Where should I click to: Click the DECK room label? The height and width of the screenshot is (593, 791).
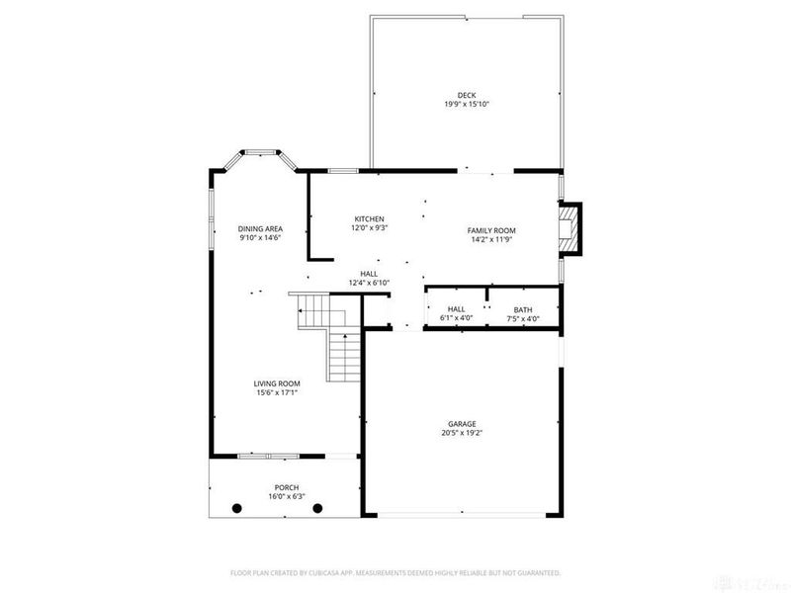pos(467,95)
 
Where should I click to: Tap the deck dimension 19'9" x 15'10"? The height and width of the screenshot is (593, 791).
pos(467,104)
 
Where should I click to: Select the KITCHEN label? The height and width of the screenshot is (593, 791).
pos(369,218)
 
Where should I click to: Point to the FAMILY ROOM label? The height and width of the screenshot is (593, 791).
pos(491,230)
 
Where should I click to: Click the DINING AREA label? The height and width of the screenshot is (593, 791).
pos(260,228)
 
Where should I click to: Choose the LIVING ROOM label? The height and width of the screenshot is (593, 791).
pos(276,383)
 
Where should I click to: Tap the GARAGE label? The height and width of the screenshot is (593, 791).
pos(462,423)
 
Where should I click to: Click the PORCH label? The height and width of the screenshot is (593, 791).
pos(286,487)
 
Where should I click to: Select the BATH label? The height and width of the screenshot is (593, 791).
pos(522,309)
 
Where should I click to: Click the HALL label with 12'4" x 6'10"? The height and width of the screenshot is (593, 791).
pos(369,274)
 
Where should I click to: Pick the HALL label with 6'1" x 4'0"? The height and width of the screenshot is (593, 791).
pos(456,309)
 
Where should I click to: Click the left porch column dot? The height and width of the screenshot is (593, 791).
pos(236,508)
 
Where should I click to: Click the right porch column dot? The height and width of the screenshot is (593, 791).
pos(317,508)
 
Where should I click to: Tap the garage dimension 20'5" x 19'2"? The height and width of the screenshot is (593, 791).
pos(462,432)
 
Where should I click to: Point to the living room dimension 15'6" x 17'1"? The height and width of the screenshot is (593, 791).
pos(276,392)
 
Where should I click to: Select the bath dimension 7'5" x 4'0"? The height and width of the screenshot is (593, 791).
pos(522,318)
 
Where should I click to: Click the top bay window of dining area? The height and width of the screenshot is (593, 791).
pos(261,152)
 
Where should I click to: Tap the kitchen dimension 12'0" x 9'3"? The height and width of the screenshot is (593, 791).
pos(369,227)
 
